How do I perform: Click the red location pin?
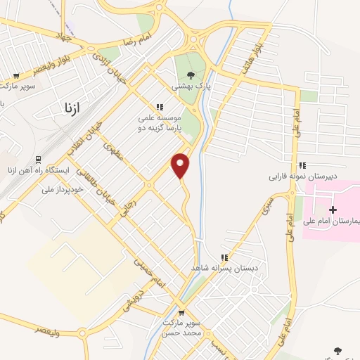pyautogui.click(x=181, y=165)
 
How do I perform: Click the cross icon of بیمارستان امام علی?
pyautogui.click(x=333, y=209)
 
